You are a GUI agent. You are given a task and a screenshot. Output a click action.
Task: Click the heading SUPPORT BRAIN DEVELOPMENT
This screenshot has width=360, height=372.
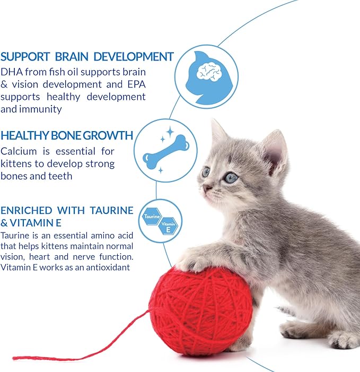click(x=87, y=56)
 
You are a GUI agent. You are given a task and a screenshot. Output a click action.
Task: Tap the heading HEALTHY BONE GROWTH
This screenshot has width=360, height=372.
click(x=67, y=135)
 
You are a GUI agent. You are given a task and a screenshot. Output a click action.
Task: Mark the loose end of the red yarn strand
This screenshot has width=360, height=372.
click(x=15, y=357)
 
